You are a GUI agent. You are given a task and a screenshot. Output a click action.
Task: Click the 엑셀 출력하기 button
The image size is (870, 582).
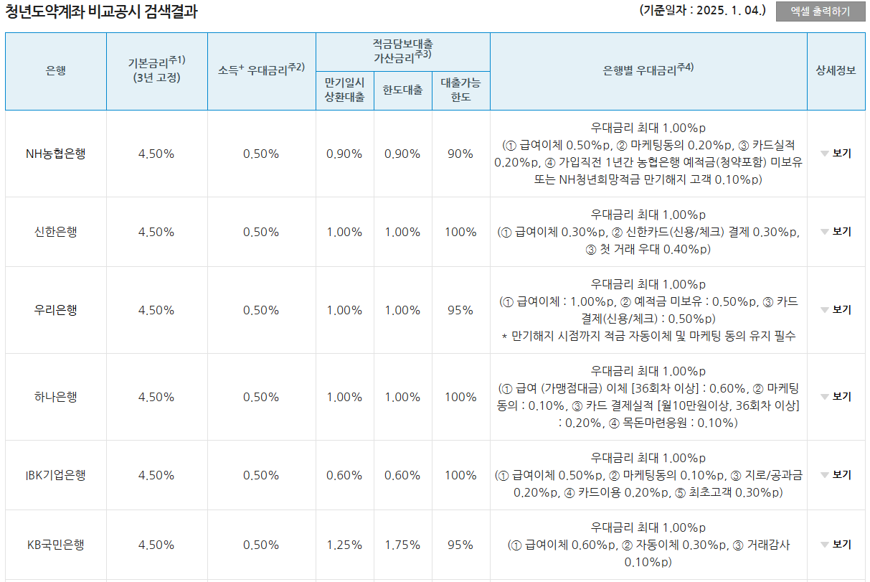pos(820,11)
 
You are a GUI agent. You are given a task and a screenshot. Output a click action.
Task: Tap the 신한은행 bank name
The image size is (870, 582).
pos(55,232)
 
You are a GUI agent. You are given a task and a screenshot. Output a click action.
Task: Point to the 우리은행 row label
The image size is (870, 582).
pos(55,310)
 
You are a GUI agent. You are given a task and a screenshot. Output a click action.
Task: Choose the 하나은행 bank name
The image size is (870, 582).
pos(55,397)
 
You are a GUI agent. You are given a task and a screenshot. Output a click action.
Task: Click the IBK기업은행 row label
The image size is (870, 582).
pos(55,475)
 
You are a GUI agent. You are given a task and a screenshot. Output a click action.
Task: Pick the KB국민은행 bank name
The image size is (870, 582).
pos(55,545)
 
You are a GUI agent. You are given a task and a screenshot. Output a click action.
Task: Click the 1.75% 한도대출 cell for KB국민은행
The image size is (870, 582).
pos(402,545)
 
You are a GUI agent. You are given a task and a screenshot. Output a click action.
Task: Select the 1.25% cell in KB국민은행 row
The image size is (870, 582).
pos(344,545)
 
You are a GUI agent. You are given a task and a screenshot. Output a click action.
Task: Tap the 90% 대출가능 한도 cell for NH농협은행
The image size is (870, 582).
pos(460,154)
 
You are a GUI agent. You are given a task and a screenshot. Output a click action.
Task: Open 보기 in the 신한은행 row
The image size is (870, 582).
pos(836,232)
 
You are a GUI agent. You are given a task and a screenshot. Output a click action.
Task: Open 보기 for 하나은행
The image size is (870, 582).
pos(836,397)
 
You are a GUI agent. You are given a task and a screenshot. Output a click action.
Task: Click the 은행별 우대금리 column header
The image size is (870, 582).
pos(648,70)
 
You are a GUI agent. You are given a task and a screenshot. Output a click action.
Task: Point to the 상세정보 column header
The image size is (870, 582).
pos(836,70)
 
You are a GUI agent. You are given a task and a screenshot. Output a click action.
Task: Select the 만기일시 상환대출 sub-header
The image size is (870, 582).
pos(344,90)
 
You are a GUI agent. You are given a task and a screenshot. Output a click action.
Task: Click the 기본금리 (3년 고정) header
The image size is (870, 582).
pos(156,70)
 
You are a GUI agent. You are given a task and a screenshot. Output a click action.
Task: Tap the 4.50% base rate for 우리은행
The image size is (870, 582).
pos(156,310)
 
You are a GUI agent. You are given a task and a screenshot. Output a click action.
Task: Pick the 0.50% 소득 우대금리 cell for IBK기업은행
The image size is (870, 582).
pos(261,475)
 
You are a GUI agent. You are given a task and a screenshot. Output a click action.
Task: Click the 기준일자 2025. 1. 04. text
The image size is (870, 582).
pos(702,11)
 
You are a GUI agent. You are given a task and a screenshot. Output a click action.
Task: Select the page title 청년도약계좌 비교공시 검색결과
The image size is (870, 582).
pos(100,11)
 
